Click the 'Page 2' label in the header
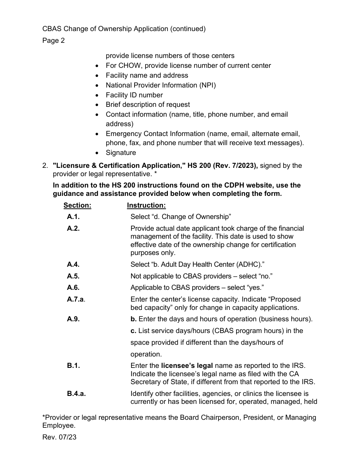[x=53, y=41]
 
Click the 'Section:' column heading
[x=77, y=205]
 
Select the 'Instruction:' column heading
[x=146, y=205]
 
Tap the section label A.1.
[x=73, y=217]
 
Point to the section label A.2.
[x=73, y=228]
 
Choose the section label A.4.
[x=73, y=264]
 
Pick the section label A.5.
[x=73, y=276]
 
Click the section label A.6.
[x=73, y=288]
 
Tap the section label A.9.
[x=73, y=319]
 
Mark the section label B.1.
[x=73, y=366]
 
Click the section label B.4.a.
[x=77, y=394]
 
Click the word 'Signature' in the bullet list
[x=121, y=153]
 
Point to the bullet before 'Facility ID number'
[x=98, y=95]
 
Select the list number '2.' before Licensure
[x=45, y=166]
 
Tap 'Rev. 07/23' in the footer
[x=59, y=437]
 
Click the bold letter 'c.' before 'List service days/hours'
[x=133, y=331]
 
